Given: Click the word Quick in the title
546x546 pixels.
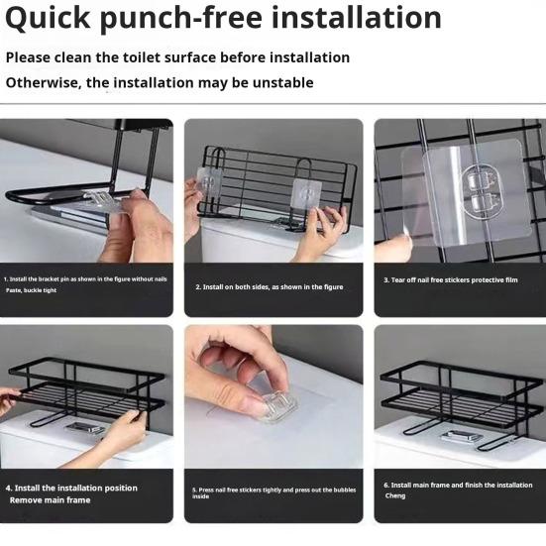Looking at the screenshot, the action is [x=48, y=19].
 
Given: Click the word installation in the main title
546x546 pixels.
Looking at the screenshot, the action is [x=357, y=18].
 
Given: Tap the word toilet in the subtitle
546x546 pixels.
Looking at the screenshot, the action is [x=142, y=57].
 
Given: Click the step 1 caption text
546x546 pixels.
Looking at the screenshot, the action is [x=85, y=284].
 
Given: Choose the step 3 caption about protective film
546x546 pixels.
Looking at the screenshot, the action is [x=451, y=280].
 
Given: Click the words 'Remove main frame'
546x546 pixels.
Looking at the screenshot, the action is [x=51, y=500].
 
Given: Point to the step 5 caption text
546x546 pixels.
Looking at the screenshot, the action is [x=274, y=492].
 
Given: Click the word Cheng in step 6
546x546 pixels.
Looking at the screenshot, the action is [x=395, y=495].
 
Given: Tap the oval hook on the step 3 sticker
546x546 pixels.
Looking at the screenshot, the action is [x=483, y=191].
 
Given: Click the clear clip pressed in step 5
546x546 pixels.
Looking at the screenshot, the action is [x=278, y=406].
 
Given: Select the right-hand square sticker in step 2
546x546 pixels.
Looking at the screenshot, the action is [x=306, y=195].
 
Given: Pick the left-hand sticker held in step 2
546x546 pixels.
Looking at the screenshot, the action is [x=208, y=182].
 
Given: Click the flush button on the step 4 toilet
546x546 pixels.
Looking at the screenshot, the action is [x=85, y=428].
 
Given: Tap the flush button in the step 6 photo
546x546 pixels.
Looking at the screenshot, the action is [x=462, y=436].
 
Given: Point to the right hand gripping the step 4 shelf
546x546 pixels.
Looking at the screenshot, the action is [x=126, y=432].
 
